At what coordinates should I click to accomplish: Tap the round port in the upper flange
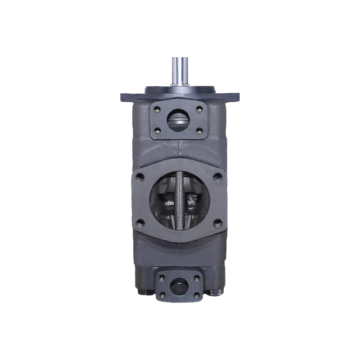point(179,120)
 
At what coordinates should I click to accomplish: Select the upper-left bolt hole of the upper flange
point(157,108)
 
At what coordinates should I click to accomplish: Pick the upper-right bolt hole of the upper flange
point(199,108)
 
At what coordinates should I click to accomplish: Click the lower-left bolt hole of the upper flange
point(157,130)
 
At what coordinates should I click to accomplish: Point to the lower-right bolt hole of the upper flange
point(199,130)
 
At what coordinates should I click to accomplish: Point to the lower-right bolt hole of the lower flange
point(197,295)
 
